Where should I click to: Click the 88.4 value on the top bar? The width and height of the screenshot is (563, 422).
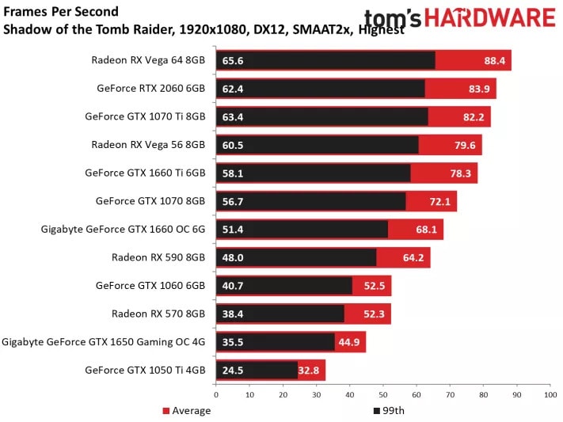click(x=495, y=60)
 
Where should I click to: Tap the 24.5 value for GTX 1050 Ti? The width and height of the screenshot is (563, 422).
click(x=233, y=370)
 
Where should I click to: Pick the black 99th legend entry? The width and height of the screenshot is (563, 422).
click(x=388, y=410)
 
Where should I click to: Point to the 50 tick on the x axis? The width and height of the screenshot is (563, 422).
click(x=382, y=393)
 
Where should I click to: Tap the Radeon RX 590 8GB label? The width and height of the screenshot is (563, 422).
click(x=159, y=257)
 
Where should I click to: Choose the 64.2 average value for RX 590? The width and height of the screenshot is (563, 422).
click(x=413, y=257)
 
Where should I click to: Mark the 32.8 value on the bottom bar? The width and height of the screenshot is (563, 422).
click(x=310, y=370)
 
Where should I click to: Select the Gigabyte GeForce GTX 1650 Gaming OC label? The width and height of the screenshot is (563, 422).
click(x=104, y=341)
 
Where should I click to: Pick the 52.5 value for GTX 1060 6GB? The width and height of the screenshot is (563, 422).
click(x=375, y=285)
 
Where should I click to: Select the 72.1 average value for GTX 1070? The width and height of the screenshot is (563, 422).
click(x=439, y=201)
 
